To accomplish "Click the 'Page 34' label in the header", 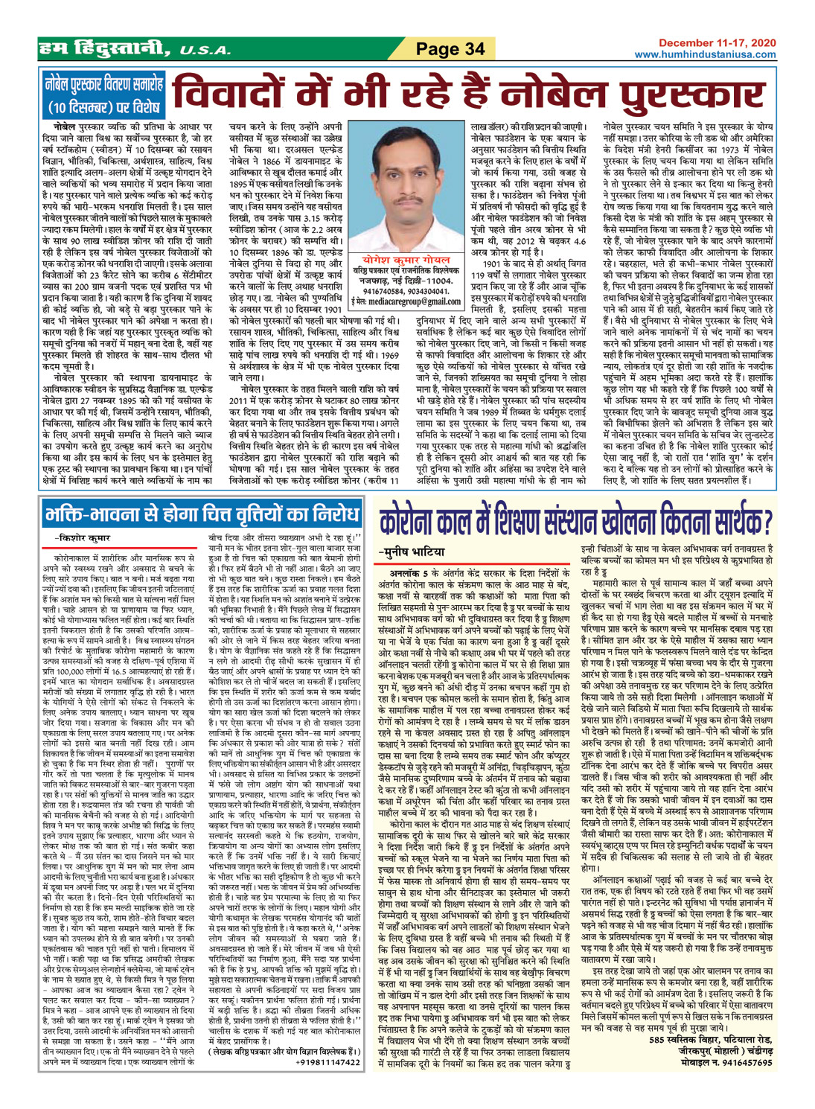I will tap(450, 49).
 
